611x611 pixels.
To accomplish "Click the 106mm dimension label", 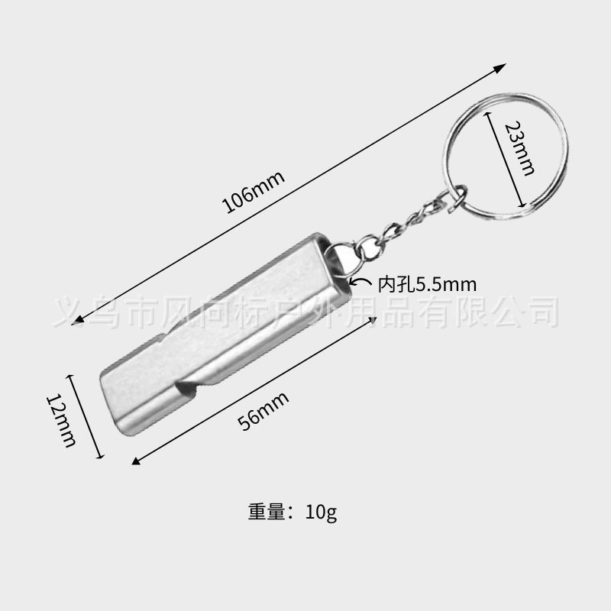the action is [x=252, y=193].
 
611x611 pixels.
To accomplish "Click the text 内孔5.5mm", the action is [x=426, y=285].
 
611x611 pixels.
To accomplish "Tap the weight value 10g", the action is [x=320, y=511].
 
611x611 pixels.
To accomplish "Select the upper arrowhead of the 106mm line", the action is [x=500, y=68].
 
